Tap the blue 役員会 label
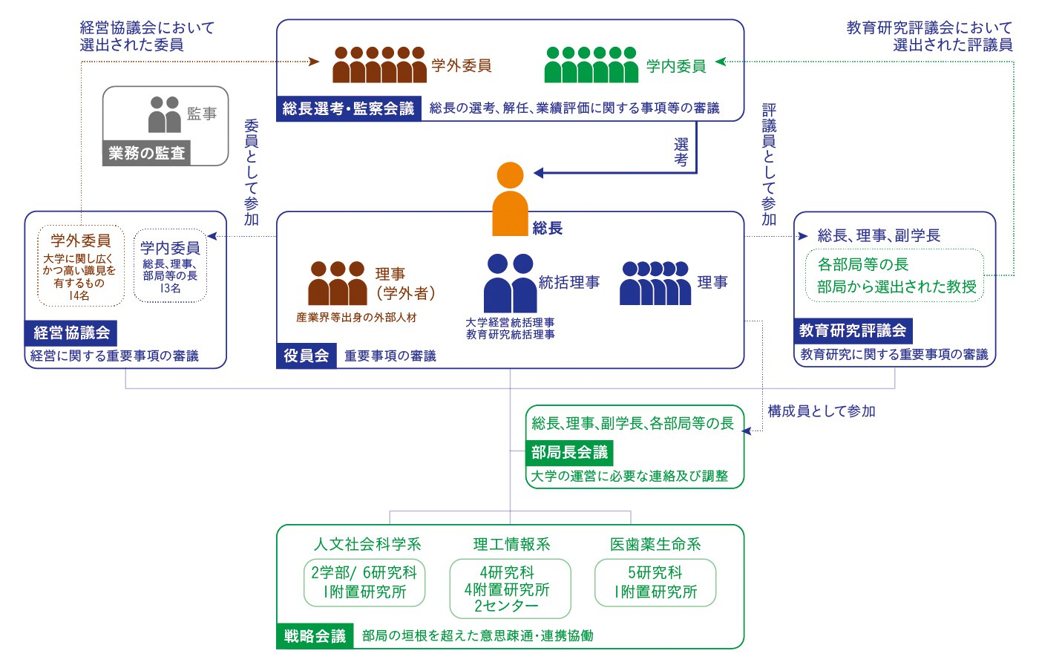tap(306, 356)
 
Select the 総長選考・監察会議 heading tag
tap(348, 108)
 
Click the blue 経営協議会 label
tap(71, 333)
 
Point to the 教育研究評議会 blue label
tap(852, 330)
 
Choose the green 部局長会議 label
tap(568, 452)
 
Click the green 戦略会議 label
tap(315, 635)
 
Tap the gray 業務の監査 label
tap(146, 153)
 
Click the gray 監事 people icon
tap(164, 114)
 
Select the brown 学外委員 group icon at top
tap(379, 65)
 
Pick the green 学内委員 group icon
tap(591, 65)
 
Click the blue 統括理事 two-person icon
tap(510, 284)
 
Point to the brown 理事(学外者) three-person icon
tap(337, 283)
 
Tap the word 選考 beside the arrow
tap(681, 152)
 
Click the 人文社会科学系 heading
tap(367, 544)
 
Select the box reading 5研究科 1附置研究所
tap(655, 582)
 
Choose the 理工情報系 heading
tap(511, 544)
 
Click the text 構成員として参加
tap(822, 411)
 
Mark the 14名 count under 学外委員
tap(79, 295)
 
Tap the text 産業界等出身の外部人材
tap(356, 317)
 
